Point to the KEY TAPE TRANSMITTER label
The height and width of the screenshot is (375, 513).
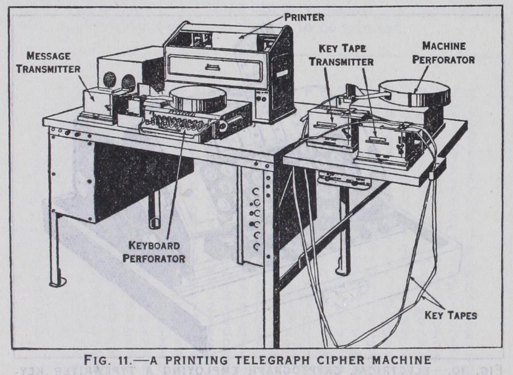(341, 56)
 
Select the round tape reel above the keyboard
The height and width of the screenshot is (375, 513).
(198, 97)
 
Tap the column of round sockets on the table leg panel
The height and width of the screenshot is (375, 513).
(256, 219)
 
